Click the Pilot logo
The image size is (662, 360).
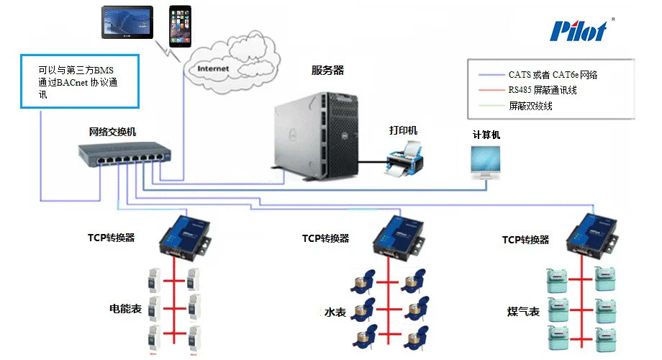coord(578,30)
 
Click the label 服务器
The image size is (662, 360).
coord(327,71)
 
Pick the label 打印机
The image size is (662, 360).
coord(403,130)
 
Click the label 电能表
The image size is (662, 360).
coord(124,309)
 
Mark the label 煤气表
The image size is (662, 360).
coord(523,312)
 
